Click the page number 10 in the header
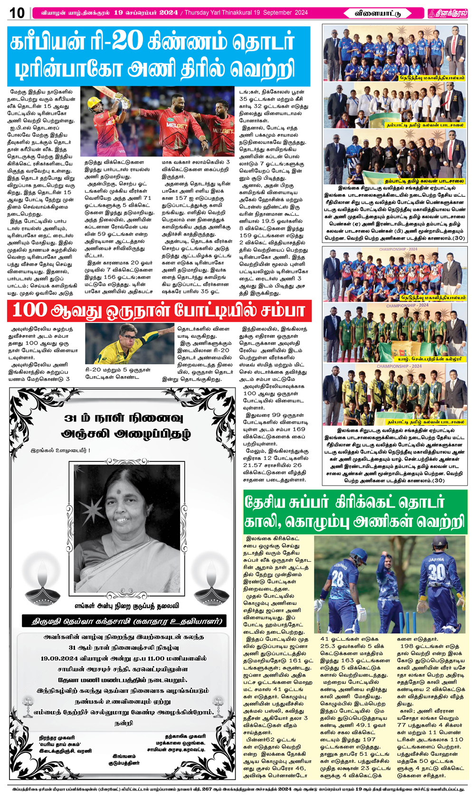coord(17,13)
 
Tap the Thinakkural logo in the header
coord(447,13)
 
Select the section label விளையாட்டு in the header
coord(378,13)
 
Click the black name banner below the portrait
coord(124,621)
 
